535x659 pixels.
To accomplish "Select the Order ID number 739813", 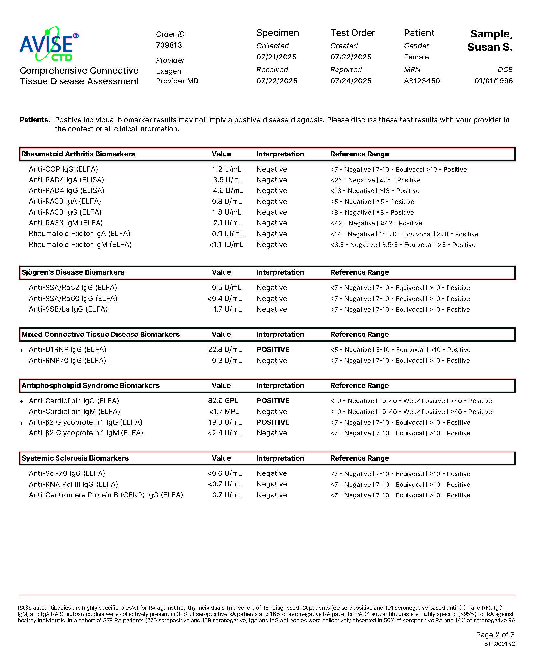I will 169,45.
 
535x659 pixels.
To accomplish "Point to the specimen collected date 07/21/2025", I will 276,57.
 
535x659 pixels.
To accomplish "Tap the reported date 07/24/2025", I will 351,81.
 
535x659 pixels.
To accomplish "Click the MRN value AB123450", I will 422,81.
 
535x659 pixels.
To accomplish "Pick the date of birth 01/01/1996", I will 493,81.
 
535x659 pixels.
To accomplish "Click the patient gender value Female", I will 416,57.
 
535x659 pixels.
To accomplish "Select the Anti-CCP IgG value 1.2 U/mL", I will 227,169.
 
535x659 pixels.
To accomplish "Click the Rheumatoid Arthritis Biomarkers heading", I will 78,154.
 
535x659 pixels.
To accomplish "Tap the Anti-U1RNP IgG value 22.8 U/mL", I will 225,350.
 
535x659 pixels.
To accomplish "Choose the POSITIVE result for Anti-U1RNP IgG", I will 273,350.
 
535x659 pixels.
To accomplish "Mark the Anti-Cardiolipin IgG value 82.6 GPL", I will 223,401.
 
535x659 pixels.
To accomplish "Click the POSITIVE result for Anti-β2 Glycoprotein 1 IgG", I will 273,422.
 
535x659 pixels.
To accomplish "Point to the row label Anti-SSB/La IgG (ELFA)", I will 68,309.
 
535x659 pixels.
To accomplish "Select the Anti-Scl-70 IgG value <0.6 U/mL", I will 225,473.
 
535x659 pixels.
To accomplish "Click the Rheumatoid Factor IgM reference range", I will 403,245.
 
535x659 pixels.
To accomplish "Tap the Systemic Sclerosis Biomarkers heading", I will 75,458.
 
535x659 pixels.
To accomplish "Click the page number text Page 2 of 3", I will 495,635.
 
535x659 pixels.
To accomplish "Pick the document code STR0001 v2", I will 499,644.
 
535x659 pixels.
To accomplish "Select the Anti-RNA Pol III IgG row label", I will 73,484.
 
